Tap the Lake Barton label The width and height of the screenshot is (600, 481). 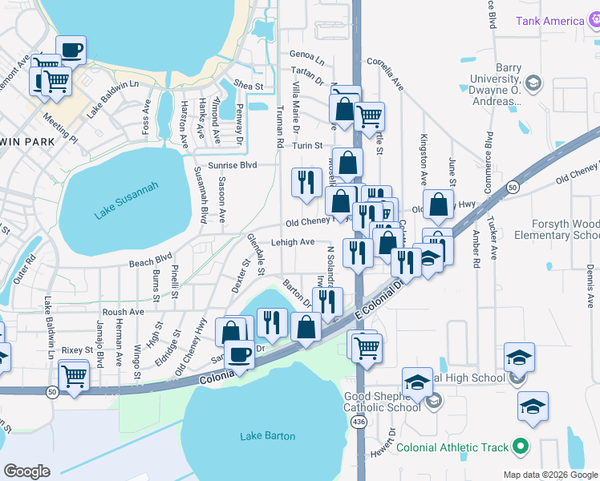point(268,436)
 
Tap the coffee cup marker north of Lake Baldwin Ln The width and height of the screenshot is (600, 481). point(70,51)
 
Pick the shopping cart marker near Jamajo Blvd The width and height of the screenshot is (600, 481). point(74,374)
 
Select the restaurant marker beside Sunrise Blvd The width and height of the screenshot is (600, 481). point(305,182)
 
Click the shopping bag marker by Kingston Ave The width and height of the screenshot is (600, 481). point(439,205)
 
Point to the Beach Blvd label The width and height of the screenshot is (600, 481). point(151,260)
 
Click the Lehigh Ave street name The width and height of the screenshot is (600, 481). point(295,241)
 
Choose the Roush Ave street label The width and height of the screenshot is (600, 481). point(123,312)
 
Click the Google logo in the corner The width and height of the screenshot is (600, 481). point(26,471)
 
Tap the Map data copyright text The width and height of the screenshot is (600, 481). point(550,475)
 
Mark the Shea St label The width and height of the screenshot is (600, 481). point(249,86)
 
